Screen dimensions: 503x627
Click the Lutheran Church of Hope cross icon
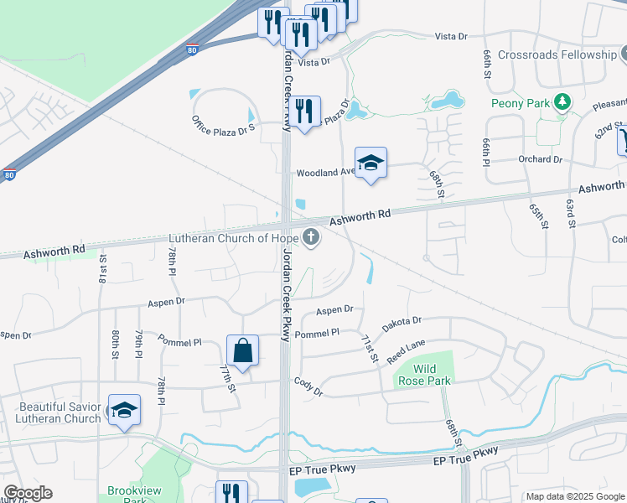pos(311,237)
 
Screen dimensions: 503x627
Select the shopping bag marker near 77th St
pos(242,350)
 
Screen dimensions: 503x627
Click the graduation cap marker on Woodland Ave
pos(370,163)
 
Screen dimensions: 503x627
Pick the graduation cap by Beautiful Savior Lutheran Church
pos(124,410)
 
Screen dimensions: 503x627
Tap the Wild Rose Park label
pos(430,375)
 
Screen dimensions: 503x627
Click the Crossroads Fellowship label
pos(557,54)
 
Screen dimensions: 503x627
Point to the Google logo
pos(28,493)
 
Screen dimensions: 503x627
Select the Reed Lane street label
pos(406,347)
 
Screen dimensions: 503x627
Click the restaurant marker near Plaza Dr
pos(304,111)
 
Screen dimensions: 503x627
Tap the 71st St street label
pos(367,348)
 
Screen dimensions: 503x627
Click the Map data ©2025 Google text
pos(574,496)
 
